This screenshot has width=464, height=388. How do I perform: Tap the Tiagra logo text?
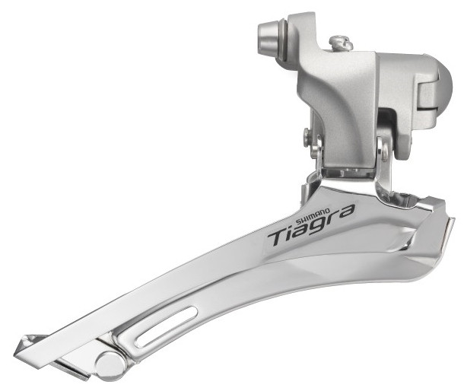click(x=311, y=225)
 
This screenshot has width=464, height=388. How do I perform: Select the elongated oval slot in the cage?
click(x=167, y=327)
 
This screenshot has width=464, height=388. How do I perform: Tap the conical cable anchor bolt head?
click(x=269, y=36)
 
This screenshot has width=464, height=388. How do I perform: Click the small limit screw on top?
click(x=341, y=43)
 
